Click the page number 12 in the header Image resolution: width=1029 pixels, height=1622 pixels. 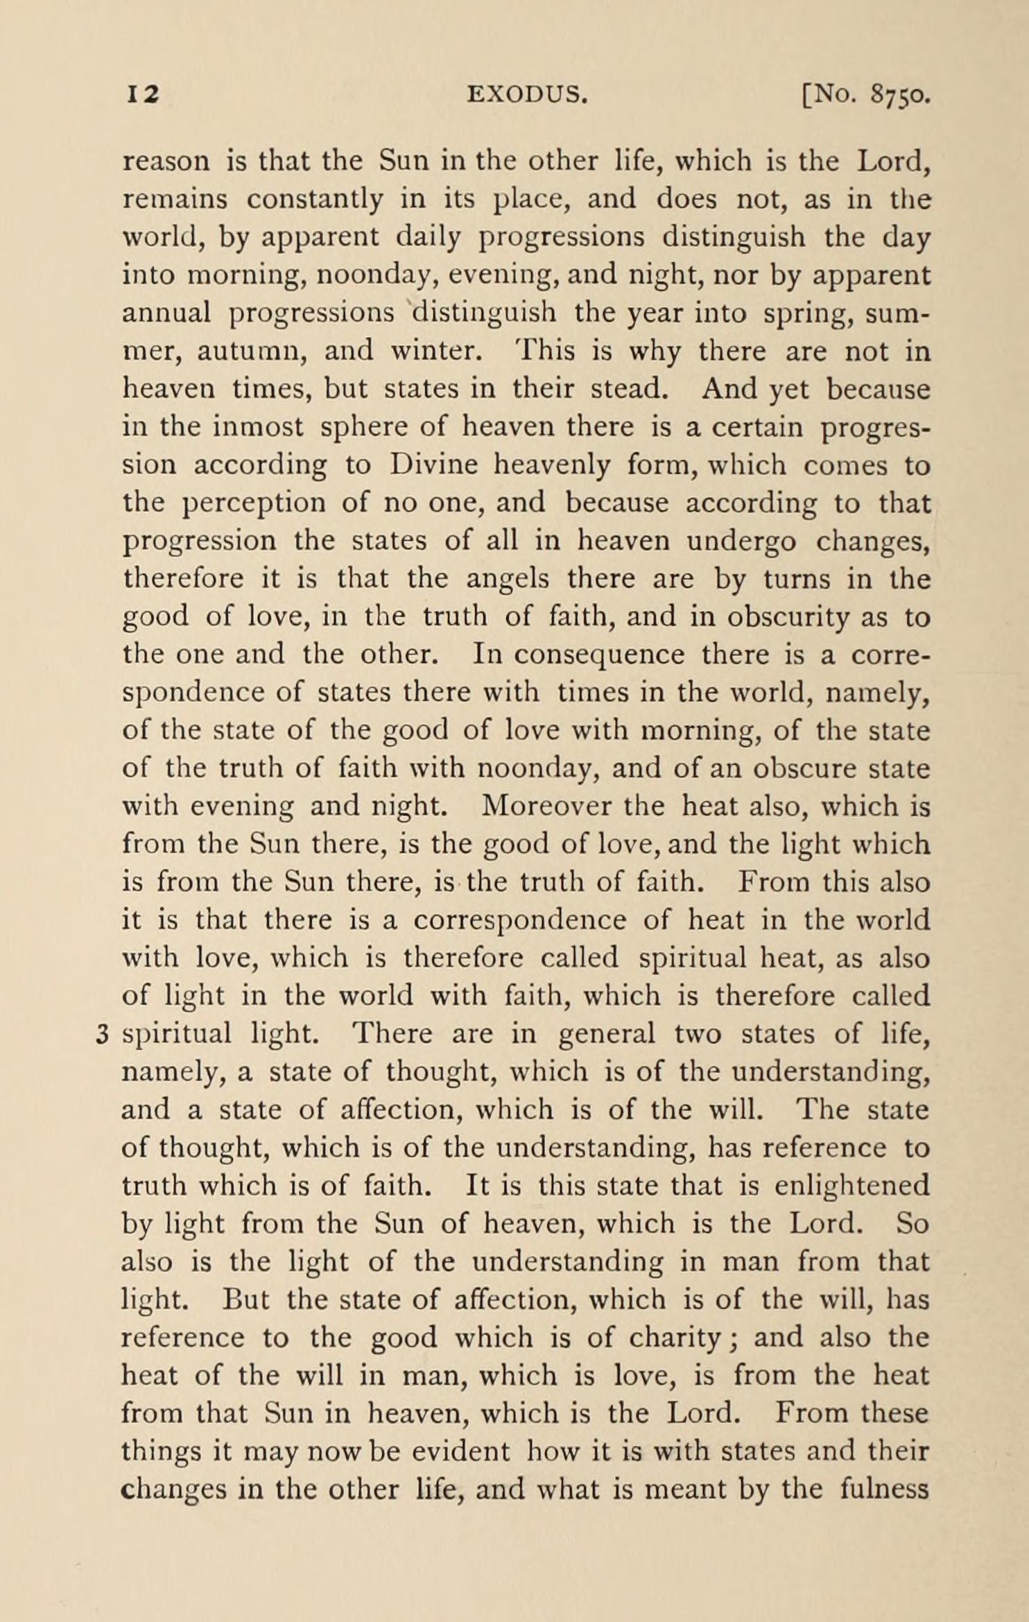142,94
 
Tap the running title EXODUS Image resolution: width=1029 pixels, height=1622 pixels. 528,94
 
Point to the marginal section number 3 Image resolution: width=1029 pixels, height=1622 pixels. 102,1035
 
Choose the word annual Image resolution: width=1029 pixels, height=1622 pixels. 166,313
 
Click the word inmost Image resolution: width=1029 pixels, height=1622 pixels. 258,427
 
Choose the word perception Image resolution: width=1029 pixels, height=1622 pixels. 253,503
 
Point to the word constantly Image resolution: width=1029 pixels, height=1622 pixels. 314,200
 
